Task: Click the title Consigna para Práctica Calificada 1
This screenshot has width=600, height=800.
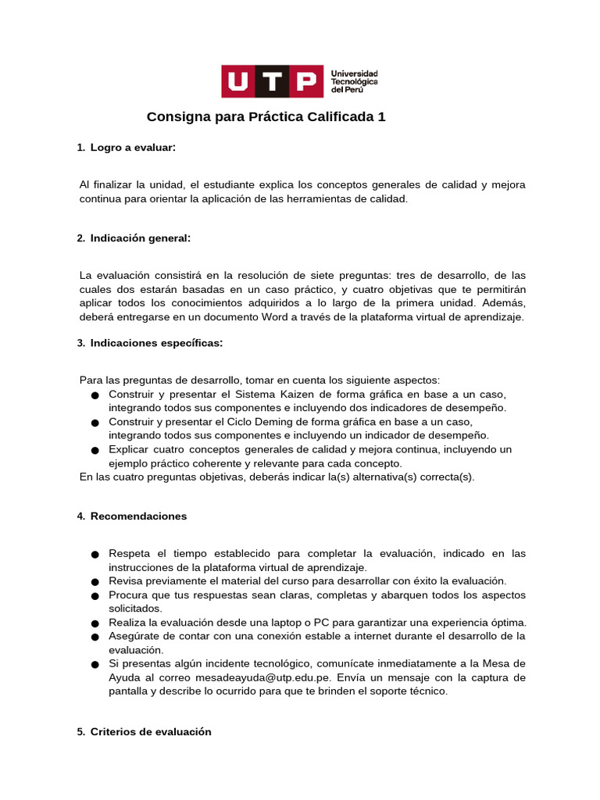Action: [x=266, y=117]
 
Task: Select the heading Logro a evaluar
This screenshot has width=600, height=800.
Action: [x=133, y=148]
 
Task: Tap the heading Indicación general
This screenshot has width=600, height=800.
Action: [x=141, y=237]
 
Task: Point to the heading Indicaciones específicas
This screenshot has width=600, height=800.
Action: [x=156, y=343]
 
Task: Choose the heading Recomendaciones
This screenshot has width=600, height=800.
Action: [x=139, y=516]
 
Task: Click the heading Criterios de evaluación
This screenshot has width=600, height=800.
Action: [x=151, y=732]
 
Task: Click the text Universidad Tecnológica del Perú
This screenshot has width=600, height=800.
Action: [x=355, y=81]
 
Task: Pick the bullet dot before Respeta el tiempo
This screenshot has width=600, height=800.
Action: [x=95, y=555]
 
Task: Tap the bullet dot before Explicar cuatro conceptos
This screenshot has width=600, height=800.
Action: [x=95, y=451]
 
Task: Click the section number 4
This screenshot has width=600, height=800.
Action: [x=80, y=517]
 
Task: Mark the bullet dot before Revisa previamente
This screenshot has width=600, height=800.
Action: [x=95, y=582]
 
